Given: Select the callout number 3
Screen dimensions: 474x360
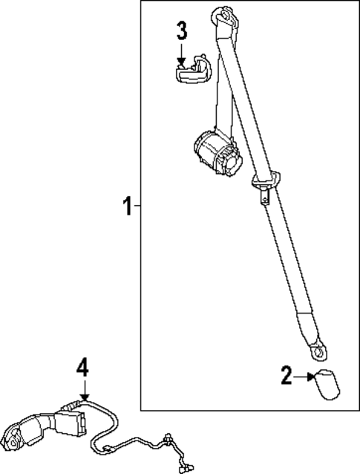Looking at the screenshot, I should [x=182, y=32].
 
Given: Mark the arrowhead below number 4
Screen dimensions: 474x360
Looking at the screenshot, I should [x=84, y=396].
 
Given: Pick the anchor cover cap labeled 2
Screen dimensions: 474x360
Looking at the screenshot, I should [x=325, y=383].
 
